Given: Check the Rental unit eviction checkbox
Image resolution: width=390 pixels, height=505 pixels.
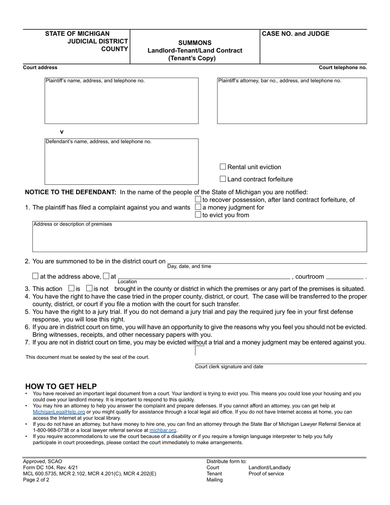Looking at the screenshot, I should click(223, 167).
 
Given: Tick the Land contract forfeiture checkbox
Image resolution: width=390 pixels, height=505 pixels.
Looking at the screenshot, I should click(223, 179).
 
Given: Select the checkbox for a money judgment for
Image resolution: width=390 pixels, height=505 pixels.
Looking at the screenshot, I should click(198, 207).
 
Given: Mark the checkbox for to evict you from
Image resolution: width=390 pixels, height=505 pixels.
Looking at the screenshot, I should click(198, 215).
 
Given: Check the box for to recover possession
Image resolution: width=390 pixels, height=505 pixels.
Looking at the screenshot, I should click(198, 200).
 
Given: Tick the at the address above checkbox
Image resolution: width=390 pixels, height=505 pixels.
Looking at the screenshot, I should click(35, 276).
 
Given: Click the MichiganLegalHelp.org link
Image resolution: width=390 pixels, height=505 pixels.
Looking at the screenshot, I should click(59, 412).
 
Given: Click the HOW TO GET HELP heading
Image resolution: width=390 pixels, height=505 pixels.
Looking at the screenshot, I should click(61, 386).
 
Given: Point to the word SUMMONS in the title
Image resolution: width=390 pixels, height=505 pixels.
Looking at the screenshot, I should click(195, 43).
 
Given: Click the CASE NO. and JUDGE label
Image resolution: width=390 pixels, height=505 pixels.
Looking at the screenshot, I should click(295, 34).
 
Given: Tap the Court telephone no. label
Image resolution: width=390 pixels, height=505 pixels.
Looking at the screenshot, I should click(343, 68).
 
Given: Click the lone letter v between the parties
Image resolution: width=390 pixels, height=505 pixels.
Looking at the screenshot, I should click(62, 132).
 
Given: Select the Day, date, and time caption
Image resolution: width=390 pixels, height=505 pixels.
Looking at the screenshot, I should click(189, 266).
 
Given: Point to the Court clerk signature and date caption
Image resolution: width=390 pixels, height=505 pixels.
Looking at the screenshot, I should click(229, 367).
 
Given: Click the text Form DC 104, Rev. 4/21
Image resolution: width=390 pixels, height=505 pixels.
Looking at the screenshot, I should click(50, 468).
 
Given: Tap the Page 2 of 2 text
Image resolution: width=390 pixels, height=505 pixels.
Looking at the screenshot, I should click(36, 480).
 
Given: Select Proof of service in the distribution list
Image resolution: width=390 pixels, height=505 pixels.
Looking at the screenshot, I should click(266, 474).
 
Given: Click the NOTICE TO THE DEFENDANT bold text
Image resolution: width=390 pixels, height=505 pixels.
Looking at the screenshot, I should click(71, 192).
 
